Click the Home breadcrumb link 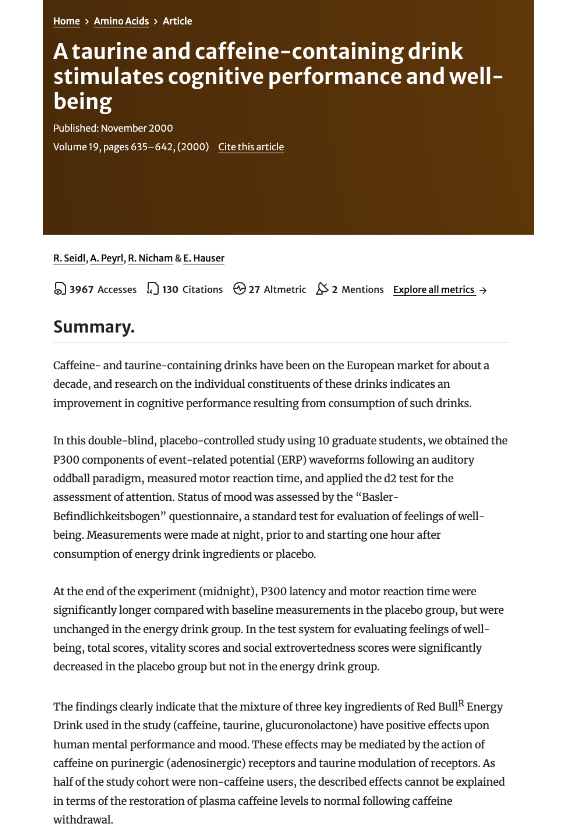(67, 21)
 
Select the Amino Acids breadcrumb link (121, 21)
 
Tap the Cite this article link (251, 147)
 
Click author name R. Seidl (69, 258)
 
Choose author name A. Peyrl (107, 258)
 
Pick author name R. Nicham (150, 258)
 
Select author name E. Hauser (204, 258)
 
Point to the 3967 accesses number (81, 290)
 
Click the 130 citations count (170, 290)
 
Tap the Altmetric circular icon (239, 289)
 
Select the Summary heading (94, 327)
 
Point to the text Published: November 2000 (113, 128)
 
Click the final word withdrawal (83, 820)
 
